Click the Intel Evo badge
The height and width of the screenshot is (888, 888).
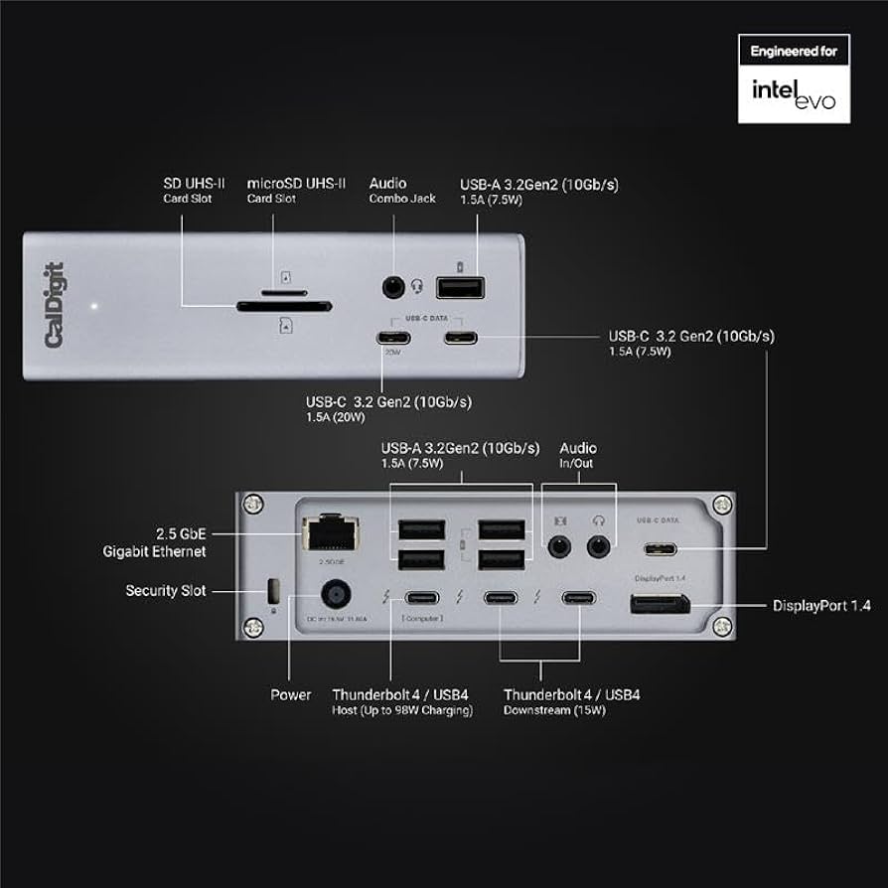coord(793,78)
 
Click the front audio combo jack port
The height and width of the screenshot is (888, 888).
coord(394,287)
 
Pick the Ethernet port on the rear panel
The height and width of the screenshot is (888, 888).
coord(329,533)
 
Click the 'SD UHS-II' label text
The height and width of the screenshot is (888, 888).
coord(194,183)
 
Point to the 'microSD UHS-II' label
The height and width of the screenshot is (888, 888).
coord(296,183)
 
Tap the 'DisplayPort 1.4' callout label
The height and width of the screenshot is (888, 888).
coord(821,605)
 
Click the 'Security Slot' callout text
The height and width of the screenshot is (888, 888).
coord(165,590)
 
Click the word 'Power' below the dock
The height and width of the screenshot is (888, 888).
coord(290,694)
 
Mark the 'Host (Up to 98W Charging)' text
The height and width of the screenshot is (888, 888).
coord(402,710)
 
